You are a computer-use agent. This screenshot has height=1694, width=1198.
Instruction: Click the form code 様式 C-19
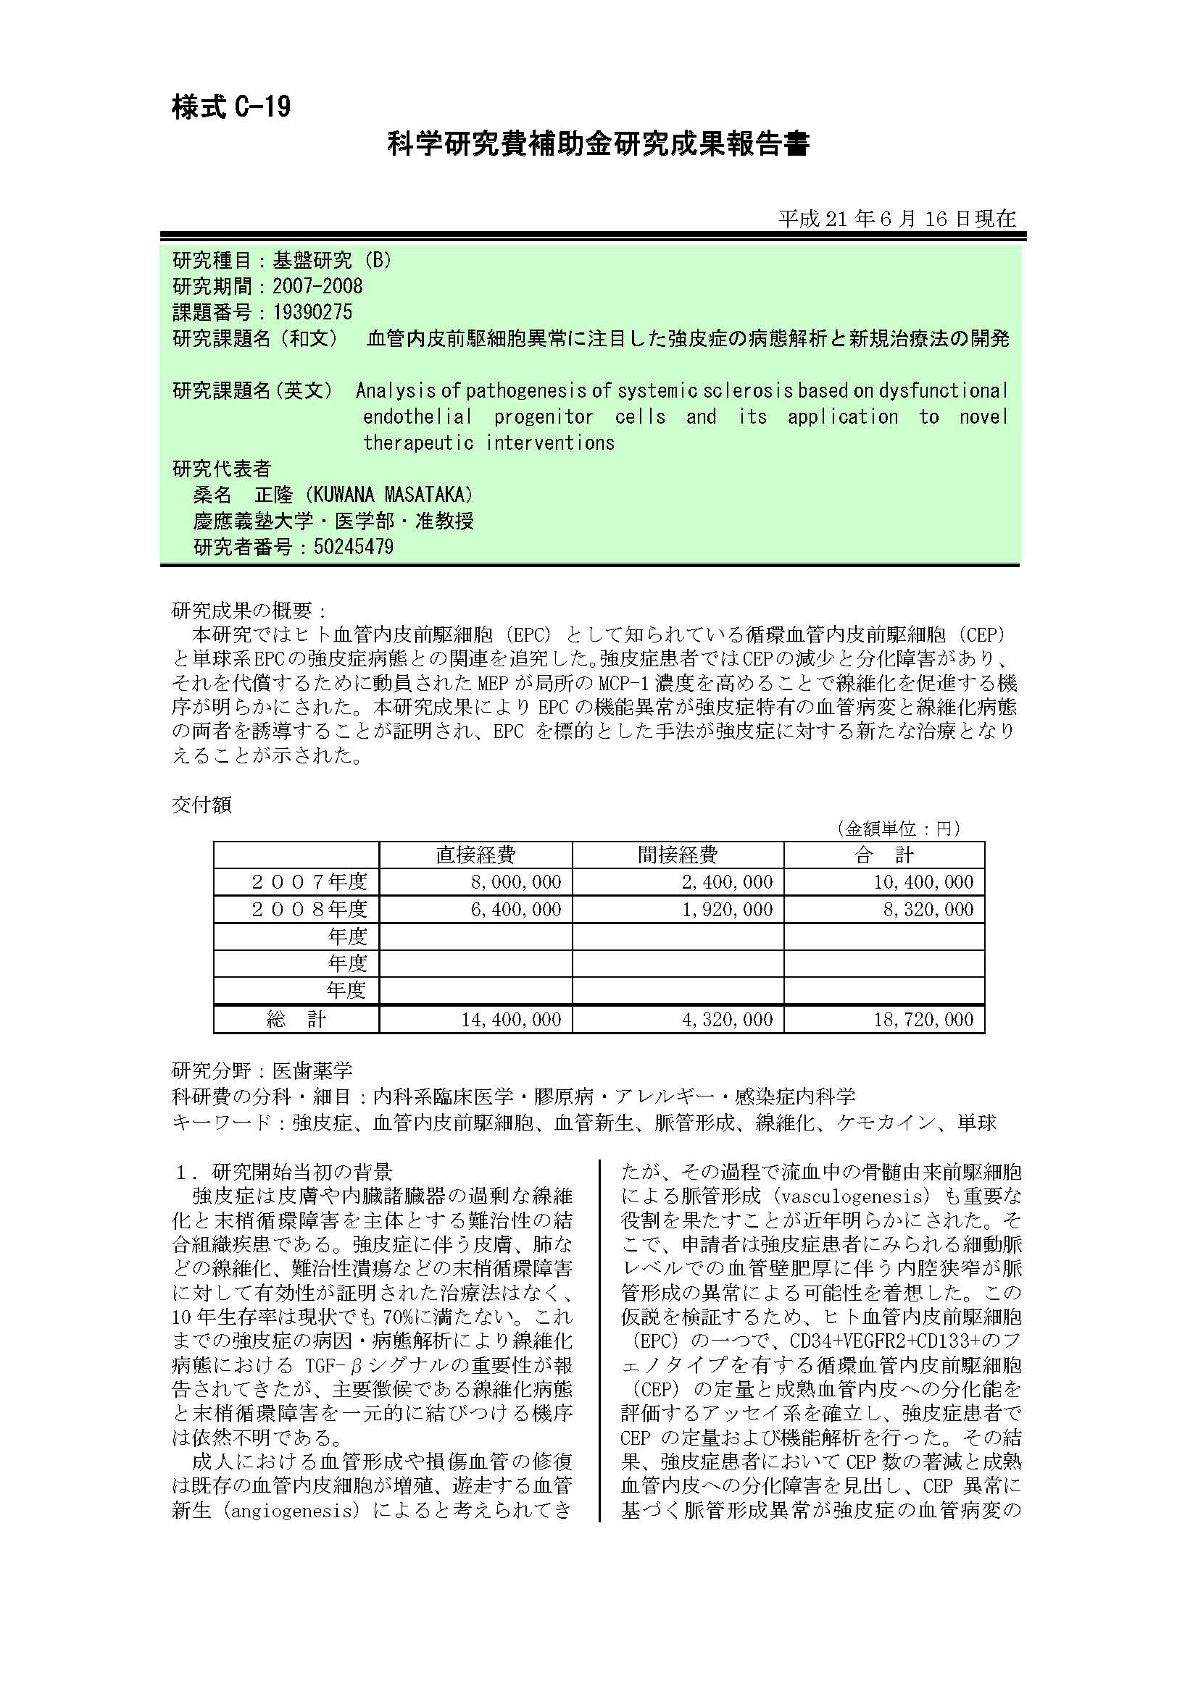coord(231,108)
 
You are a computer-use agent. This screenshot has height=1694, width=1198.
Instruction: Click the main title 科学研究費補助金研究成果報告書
coord(599,144)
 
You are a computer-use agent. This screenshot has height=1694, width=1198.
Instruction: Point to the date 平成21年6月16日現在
coord(897,219)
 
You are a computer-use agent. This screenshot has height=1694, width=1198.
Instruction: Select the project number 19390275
coord(312,312)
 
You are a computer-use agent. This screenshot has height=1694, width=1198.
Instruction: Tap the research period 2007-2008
coord(317,285)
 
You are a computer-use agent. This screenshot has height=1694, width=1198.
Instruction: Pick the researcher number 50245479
coord(354,547)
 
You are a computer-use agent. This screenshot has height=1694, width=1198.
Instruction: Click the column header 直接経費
coord(475,855)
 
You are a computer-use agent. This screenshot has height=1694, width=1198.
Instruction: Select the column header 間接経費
coord(678,855)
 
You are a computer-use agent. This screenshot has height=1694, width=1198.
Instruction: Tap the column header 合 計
coord(883,855)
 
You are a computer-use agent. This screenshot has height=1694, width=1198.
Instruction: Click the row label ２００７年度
coord(309,881)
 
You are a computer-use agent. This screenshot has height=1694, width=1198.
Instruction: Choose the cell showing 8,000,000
coord(516,881)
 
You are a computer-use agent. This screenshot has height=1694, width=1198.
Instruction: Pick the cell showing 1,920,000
coord(727,909)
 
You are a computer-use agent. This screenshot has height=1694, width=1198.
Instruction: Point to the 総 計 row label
coord(296,1020)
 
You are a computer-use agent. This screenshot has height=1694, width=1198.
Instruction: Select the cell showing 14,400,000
coord(511,1020)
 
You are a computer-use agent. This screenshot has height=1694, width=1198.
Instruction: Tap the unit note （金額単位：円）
coord(897,829)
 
